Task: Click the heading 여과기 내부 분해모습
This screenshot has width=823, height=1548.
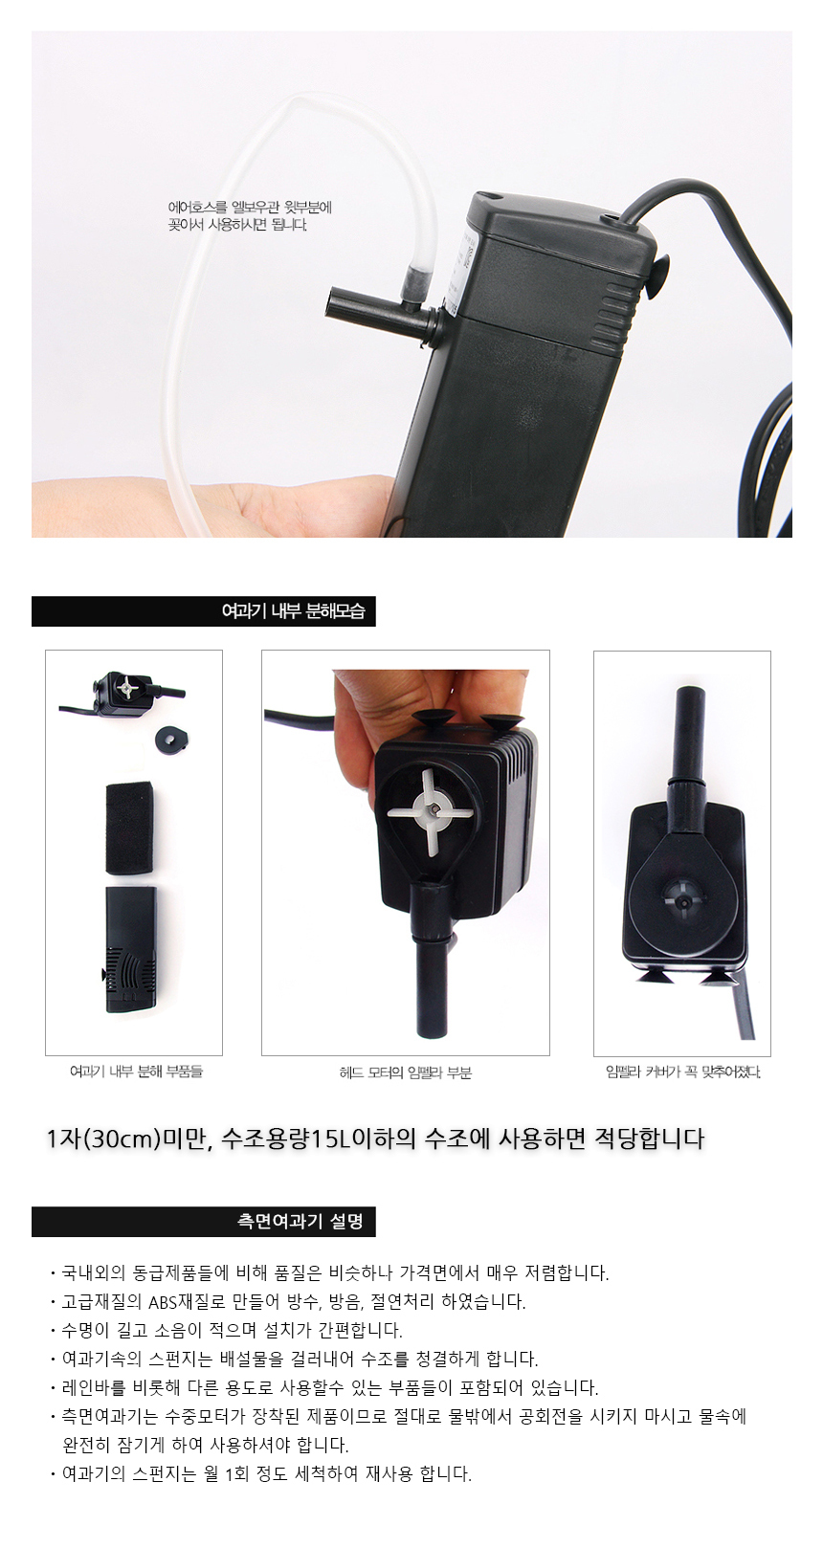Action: pos(293,611)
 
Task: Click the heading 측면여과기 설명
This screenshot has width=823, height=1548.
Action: pos(300,1221)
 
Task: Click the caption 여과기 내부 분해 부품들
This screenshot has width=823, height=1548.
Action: pos(136,1072)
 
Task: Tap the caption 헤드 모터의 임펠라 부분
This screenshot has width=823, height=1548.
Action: pos(406,1073)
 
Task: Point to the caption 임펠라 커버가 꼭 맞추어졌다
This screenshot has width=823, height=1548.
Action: pos(683,1073)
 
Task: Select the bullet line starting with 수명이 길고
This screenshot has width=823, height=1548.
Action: pos(232,1330)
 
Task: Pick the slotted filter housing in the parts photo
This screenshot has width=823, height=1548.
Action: pos(131,949)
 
